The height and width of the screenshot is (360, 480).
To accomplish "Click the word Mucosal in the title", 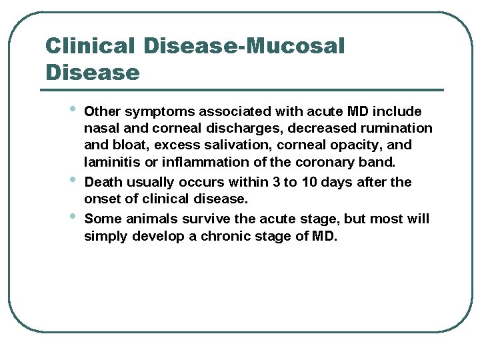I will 295,46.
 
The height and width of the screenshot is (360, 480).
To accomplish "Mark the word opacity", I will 357,145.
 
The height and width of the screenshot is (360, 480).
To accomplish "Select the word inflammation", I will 189,163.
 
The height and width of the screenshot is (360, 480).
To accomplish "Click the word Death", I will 104,182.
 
